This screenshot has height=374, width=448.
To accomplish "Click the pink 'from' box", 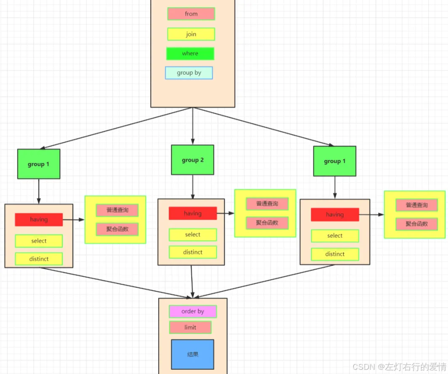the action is point(191,14).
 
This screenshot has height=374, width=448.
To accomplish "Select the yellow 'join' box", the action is point(191,34).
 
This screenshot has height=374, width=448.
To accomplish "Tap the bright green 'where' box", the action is point(190,53).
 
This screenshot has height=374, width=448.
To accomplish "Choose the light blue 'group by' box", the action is point(189,73).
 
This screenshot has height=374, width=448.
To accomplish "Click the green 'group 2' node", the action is point(193,160).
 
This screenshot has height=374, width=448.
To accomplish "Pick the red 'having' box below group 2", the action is point(193,213).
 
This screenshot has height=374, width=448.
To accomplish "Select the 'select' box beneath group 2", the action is point(193,235).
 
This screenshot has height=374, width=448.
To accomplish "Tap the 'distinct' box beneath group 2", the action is point(193,252).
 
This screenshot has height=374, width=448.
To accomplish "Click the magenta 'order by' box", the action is point(193,311).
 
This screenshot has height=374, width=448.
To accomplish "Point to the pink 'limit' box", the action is point(190,327).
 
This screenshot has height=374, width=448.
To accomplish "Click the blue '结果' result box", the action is point(193,354).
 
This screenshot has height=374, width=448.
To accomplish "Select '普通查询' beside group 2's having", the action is point(267,204).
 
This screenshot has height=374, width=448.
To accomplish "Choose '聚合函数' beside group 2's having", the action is point(267,223).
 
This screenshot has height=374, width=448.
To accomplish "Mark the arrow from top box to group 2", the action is point(193,126).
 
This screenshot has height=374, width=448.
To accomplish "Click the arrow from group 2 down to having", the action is point(193,187).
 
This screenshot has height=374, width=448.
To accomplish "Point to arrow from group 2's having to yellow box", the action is point(226,213).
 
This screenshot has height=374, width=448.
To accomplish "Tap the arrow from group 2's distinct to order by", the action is point(192,282).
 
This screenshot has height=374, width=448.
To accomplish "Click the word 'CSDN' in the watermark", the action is point(364,367).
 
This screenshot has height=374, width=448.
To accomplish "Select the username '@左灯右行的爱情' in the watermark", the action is point(412,367).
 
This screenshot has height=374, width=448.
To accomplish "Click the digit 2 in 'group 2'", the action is point(202,160).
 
